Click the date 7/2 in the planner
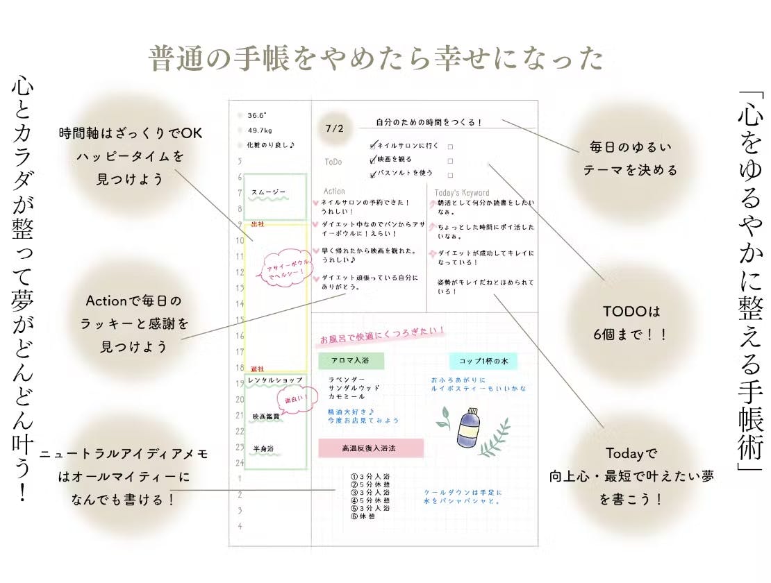click(334, 128)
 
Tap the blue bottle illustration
click(467, 425)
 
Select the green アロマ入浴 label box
click(351, 361)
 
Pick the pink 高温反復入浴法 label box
click(370, 448)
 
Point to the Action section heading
click(334, 191)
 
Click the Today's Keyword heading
click(461, 193)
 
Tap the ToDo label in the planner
click(333, 162)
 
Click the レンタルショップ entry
click(275, 380)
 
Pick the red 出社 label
click(257, 223)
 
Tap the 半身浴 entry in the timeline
click(263, 448)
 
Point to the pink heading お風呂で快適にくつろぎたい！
click(381, 337)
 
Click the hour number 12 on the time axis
click(240, 272)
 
